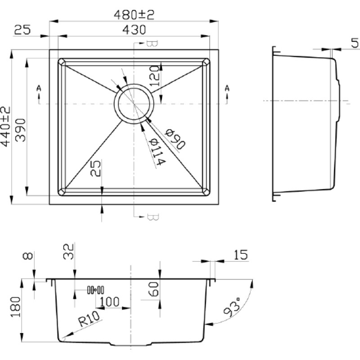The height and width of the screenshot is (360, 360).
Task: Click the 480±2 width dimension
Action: [134, 15]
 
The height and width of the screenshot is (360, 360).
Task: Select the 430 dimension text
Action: [134, 30]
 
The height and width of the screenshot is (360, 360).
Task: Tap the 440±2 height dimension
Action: [5, 126]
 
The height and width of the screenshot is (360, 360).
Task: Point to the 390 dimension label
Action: [20, 130]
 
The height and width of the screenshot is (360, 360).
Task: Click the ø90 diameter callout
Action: [175, 139]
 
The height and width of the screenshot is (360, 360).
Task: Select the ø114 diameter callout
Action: [157, 152]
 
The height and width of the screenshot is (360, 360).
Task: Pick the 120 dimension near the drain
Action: [154, 76]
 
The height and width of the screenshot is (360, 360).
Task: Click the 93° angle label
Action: [232, 307]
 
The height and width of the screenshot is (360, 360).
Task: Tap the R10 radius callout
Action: [89, 319]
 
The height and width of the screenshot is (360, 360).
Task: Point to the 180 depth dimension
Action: [16, 307]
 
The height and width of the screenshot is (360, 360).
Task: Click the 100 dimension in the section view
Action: [109, 301]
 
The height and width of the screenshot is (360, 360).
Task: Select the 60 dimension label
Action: [153, 289]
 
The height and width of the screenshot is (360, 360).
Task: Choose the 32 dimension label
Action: [68, 252]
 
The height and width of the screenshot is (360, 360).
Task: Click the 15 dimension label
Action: [241, 255]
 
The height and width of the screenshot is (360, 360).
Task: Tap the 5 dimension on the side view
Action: [355, 43]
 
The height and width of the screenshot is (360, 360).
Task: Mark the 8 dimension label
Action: [28, 256]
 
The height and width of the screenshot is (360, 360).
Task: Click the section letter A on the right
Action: [227, 88]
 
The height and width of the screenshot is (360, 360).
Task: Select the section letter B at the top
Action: [152, 44]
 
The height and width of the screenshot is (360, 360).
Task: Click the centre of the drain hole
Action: [134, 104]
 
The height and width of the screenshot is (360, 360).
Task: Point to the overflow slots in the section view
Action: [95, 290]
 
